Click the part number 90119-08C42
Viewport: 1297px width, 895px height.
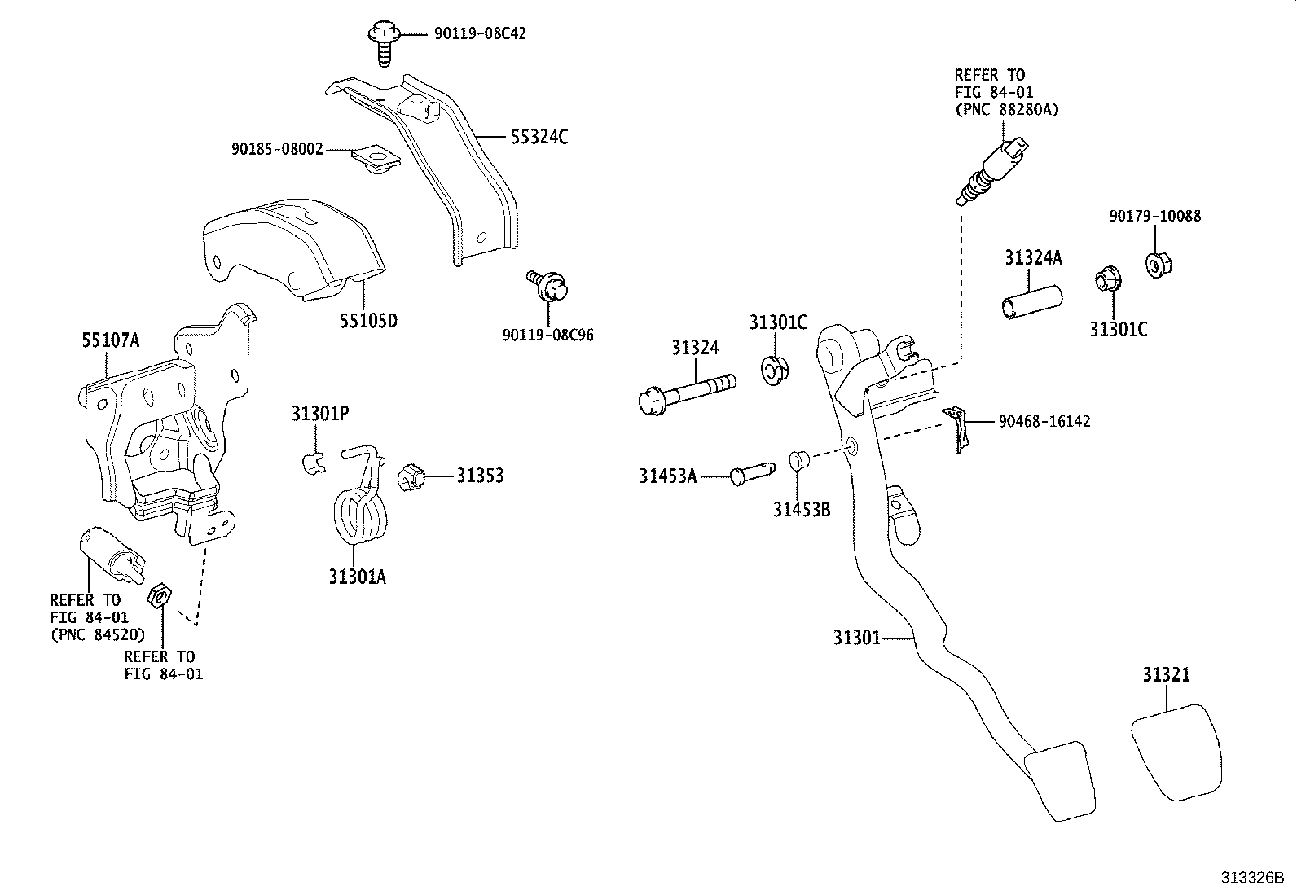pyautogui.click(x=468, y=34)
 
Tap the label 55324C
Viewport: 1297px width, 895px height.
pyautogui.click(x=539, y=137)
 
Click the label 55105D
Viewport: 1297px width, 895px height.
pyautogui.click(x=368, y=320)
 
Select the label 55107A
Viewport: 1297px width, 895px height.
pyautogui.click(x=110, y=340)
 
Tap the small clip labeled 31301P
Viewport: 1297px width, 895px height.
pyautogui.click(x=310, y=463)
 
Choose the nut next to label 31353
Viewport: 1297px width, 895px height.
pyautogui.click(x=412, y=476)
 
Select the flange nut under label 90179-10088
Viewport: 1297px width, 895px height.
pyautogui.click(x=1157, y=264)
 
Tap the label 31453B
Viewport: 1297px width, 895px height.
pyautogui.click(x=801, y=510)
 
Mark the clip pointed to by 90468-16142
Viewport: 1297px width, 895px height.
pyautogui.click(x=958, y=427)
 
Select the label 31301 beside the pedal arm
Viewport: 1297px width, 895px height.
pyautogui.click(x=856, y=637)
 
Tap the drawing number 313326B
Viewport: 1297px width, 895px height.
pyautogui.click(x=1251, y=877)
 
